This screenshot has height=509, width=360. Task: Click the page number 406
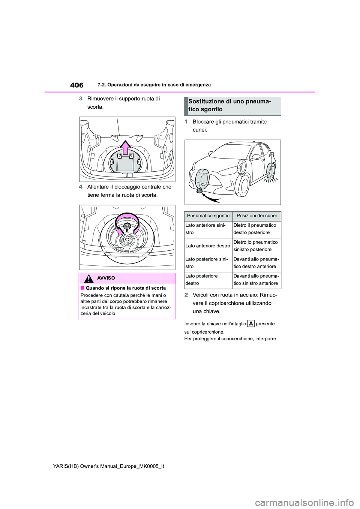[77, 85]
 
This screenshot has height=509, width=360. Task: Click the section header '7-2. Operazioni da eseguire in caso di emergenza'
[154, 85]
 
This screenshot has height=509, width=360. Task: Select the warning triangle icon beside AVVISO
[89, 278]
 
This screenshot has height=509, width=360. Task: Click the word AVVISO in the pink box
[106, 278]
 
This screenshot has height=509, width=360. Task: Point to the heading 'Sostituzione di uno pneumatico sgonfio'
[229, 105]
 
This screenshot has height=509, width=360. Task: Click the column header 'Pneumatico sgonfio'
[208, 216]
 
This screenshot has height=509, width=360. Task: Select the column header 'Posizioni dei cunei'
[256, 216]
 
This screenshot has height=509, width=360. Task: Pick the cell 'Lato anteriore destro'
[208, 246]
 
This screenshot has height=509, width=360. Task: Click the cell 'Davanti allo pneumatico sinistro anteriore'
[256, 280]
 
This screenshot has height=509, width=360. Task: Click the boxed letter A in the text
[251, 323]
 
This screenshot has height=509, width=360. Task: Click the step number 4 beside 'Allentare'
[81, 187]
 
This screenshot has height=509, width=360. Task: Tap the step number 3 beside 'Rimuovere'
[81, 99]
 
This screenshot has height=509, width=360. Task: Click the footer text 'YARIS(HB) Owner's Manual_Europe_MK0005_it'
[109, 466]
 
